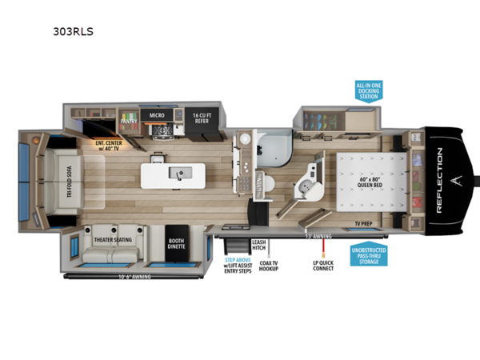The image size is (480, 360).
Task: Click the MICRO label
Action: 157,116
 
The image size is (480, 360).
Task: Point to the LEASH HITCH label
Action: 258,245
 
